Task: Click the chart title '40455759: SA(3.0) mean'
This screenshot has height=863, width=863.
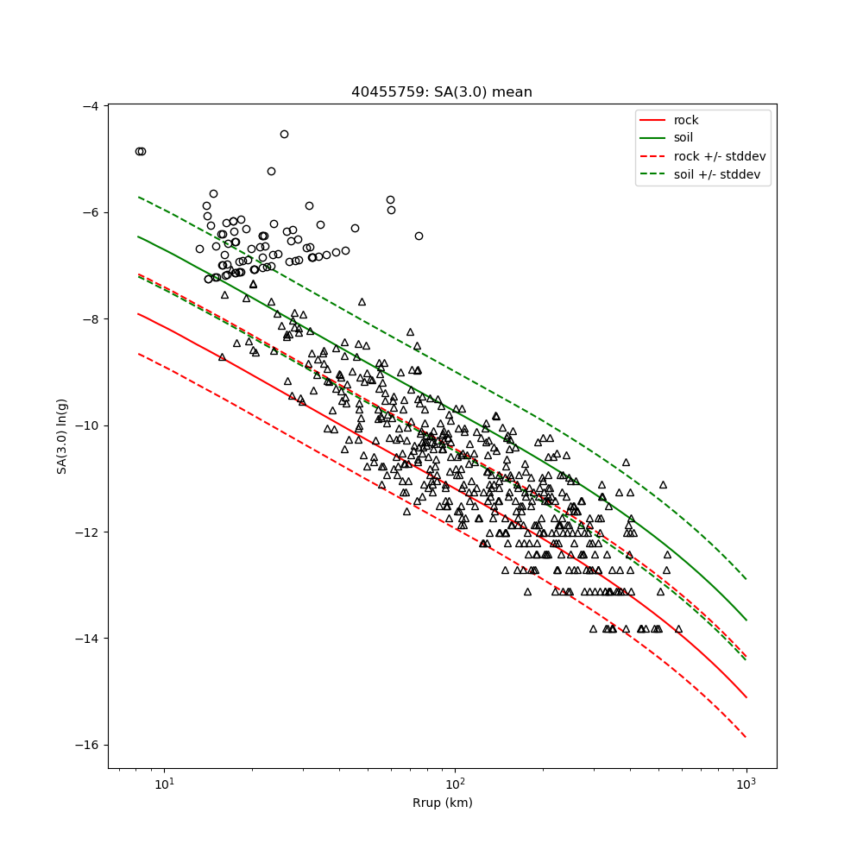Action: (441, 92)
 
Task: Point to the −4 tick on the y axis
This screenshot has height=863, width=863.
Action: (91, 106)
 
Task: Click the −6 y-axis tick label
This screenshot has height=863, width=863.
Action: (91, 212)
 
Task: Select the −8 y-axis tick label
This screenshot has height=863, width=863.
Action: (91, 319)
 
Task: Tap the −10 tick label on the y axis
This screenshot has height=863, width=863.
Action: (87, 425)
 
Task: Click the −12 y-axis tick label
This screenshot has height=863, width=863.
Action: (87, 532)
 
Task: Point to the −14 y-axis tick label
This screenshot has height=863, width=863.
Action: (87, 639)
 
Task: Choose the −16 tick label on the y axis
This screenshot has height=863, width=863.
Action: (87, 746)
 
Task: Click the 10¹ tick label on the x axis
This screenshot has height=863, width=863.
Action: (163, 784)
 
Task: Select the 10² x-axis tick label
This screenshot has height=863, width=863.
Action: (455, 784)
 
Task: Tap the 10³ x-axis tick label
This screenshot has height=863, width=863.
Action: (746, 784)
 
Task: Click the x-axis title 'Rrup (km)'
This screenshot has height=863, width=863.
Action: (442, 803)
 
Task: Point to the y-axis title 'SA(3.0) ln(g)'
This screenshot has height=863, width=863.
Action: (62, 436)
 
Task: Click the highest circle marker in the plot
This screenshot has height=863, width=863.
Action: (284, 134)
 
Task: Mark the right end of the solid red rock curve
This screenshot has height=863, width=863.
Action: (746, 697)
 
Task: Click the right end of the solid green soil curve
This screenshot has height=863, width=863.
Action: (746, 620)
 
